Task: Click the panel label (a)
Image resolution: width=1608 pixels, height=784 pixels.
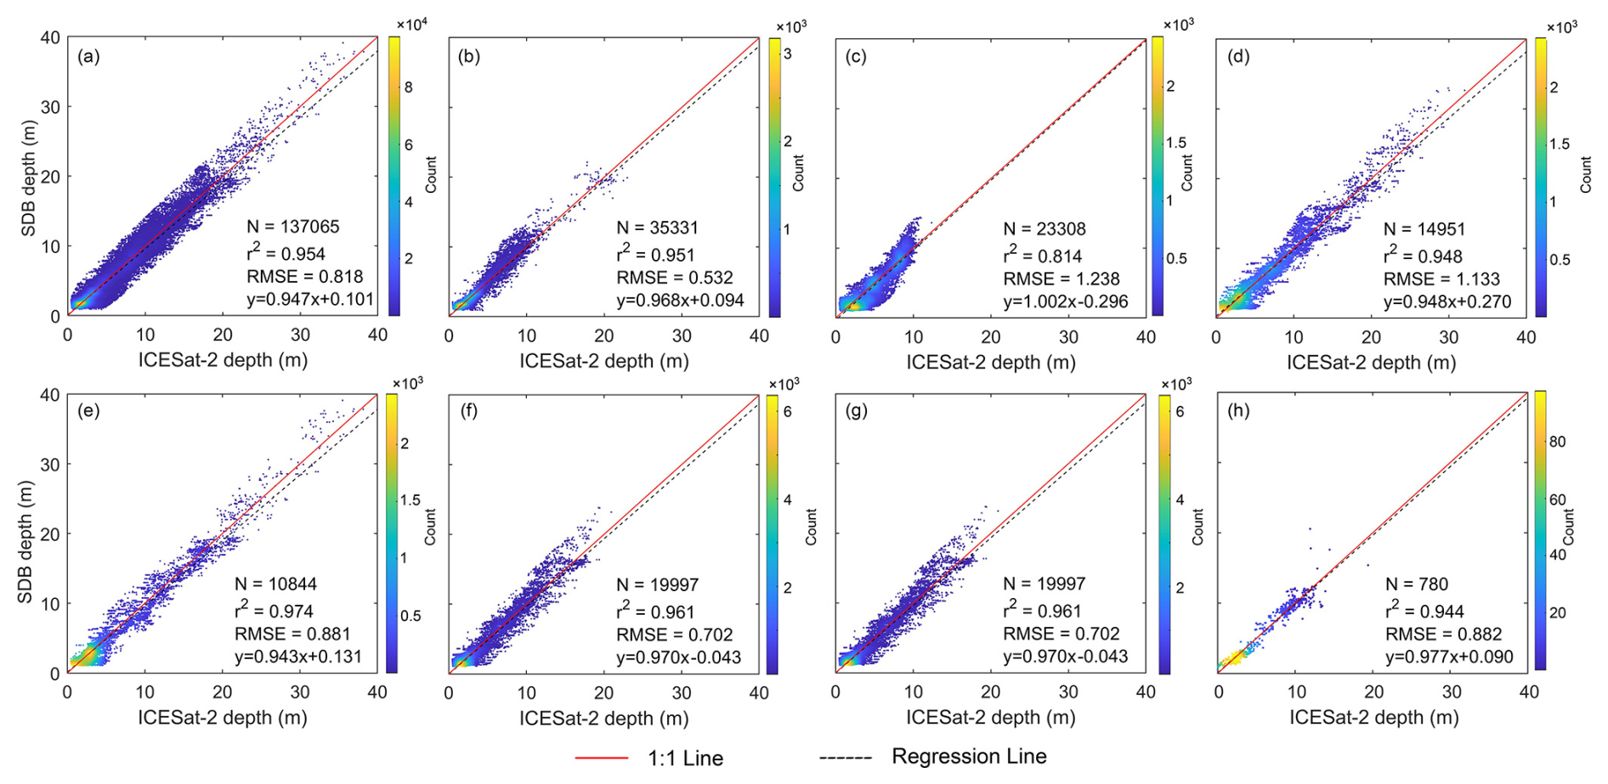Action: (88, 57)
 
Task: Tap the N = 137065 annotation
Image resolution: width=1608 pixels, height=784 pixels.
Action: (293, 227)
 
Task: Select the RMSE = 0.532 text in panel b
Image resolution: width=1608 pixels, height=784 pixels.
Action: (675, 278)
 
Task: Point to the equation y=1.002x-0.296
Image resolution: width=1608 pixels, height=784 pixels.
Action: (1066, 302)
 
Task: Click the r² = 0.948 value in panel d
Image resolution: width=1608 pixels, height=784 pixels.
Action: (1423, 256)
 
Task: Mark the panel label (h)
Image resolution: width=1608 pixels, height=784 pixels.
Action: (1238, 411)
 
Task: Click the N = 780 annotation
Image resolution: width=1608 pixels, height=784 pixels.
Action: (1417, 584)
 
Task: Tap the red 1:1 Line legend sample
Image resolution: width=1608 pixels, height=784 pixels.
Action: (601, 758)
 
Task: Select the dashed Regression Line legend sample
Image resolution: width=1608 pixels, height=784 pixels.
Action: (846, 758)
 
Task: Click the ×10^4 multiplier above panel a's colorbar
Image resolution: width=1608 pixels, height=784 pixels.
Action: (412, 25)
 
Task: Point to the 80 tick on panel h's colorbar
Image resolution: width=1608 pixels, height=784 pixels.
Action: (1557, 442)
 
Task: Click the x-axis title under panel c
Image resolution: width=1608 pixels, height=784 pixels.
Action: (990, 362)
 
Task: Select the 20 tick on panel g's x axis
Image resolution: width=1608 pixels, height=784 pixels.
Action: (991, 692)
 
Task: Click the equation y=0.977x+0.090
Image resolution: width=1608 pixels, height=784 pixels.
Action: (1449, 657)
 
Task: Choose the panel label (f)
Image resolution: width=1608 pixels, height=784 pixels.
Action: (468, 411)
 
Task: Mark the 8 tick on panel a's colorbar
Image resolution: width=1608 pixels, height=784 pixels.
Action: (408, 87)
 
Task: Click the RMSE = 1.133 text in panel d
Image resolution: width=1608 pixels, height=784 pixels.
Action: (1441, 279)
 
